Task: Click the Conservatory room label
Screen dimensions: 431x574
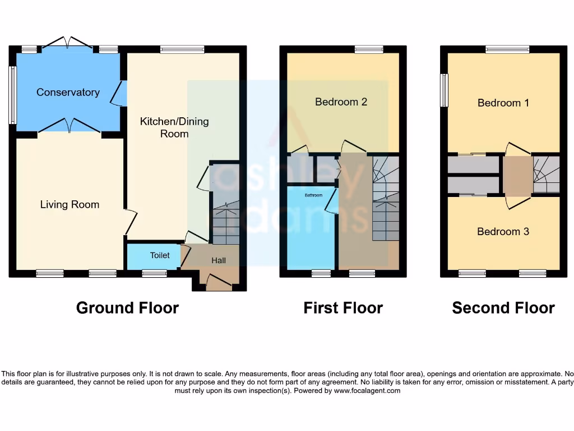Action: click(x=68, y=92)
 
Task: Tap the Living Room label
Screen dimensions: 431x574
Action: click(x=70, y=205)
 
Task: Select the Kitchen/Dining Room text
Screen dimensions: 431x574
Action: click(x=174, y=127)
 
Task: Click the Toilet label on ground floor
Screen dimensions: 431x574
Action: click(x=160, y=255)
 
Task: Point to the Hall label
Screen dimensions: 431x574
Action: click(x=219, y=260)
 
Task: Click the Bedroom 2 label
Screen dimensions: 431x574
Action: click(x=341, y=102)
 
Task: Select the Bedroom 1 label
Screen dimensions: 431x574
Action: click(x=503, y=103)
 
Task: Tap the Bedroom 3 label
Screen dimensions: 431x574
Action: click(x=503, y=231)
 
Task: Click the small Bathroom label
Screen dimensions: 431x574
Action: click(x=313, y=195)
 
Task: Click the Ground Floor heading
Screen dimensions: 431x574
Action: click(x=127, y=308)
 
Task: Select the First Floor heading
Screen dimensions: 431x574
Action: click(x=343, y=308)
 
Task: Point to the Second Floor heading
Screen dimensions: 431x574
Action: click(x=503, y=308)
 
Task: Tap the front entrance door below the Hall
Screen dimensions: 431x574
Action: click(x=219, y=283)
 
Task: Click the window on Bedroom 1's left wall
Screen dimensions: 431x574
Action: click(x=444, y=90)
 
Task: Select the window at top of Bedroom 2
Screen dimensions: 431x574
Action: click(x=369, y=49)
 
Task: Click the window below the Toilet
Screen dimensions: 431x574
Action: click(x=154, y=274)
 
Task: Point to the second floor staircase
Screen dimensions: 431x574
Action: click(x=546, y=175)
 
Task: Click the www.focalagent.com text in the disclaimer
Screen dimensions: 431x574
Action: click(x=367, y=391)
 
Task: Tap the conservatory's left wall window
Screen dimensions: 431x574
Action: click(x=12, y=95)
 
